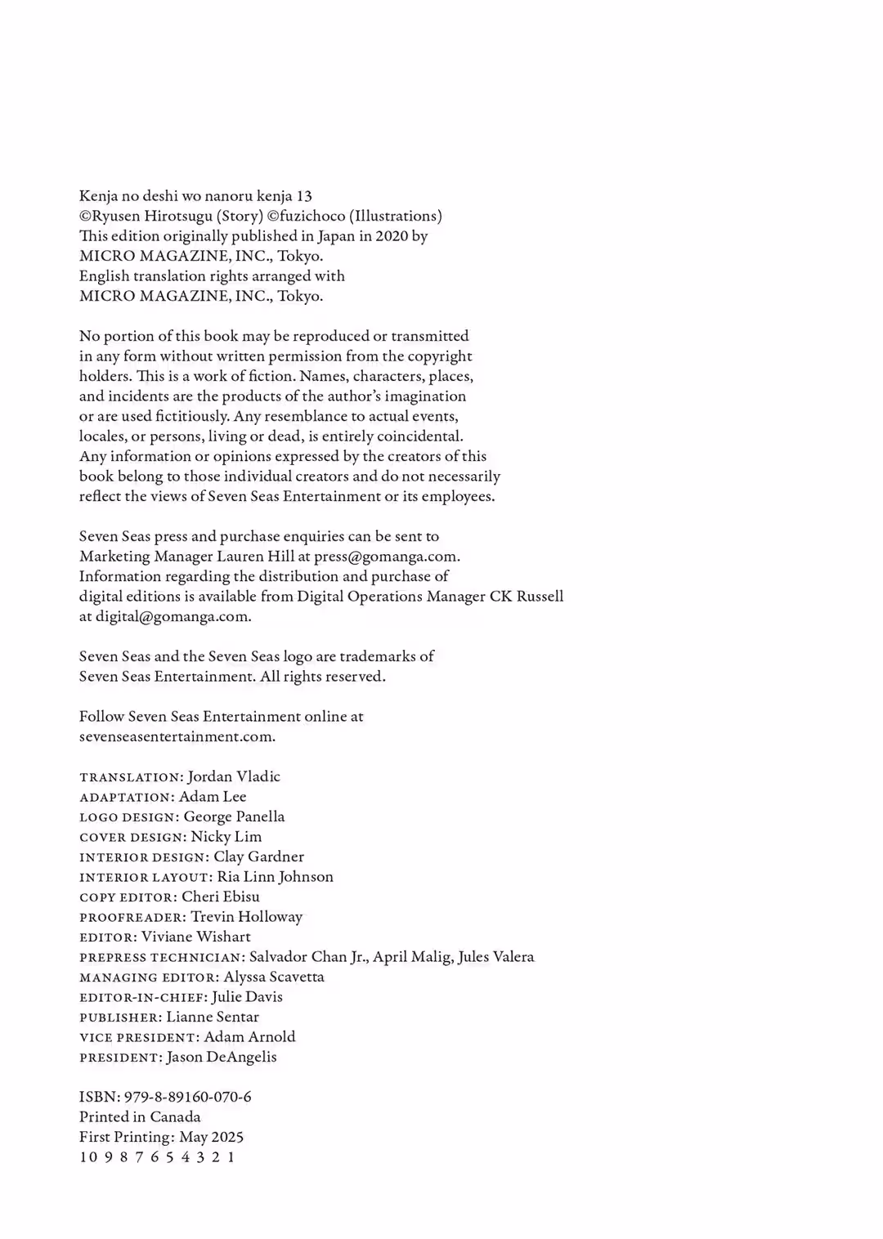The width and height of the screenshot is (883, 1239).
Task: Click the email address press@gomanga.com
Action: (x=385, y=557)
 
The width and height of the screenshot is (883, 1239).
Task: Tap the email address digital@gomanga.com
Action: (x=172, y=617)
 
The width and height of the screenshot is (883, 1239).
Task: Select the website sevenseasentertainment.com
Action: (x=177, y=736)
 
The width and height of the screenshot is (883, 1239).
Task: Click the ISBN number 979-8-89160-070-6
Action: (x=187, y=1097)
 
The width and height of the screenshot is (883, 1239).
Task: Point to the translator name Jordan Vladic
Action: (x=234, y=776)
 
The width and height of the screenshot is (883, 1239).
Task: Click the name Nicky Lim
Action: (x=226, y=837)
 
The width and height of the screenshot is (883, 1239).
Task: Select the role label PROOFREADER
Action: (x=132, y=918)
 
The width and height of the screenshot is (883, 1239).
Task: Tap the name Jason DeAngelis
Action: (x=222, y=1057)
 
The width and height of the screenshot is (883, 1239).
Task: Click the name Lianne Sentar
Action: (x=213, y=1017)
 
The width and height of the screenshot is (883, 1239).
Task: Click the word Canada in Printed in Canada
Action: (x=175, y=1117)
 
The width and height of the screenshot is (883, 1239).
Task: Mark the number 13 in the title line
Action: (x=304, y=196)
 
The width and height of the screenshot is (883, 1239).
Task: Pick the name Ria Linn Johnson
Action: (x=276, y=877)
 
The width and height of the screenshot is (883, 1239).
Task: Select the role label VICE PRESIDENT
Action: (x=138, y=1038)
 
